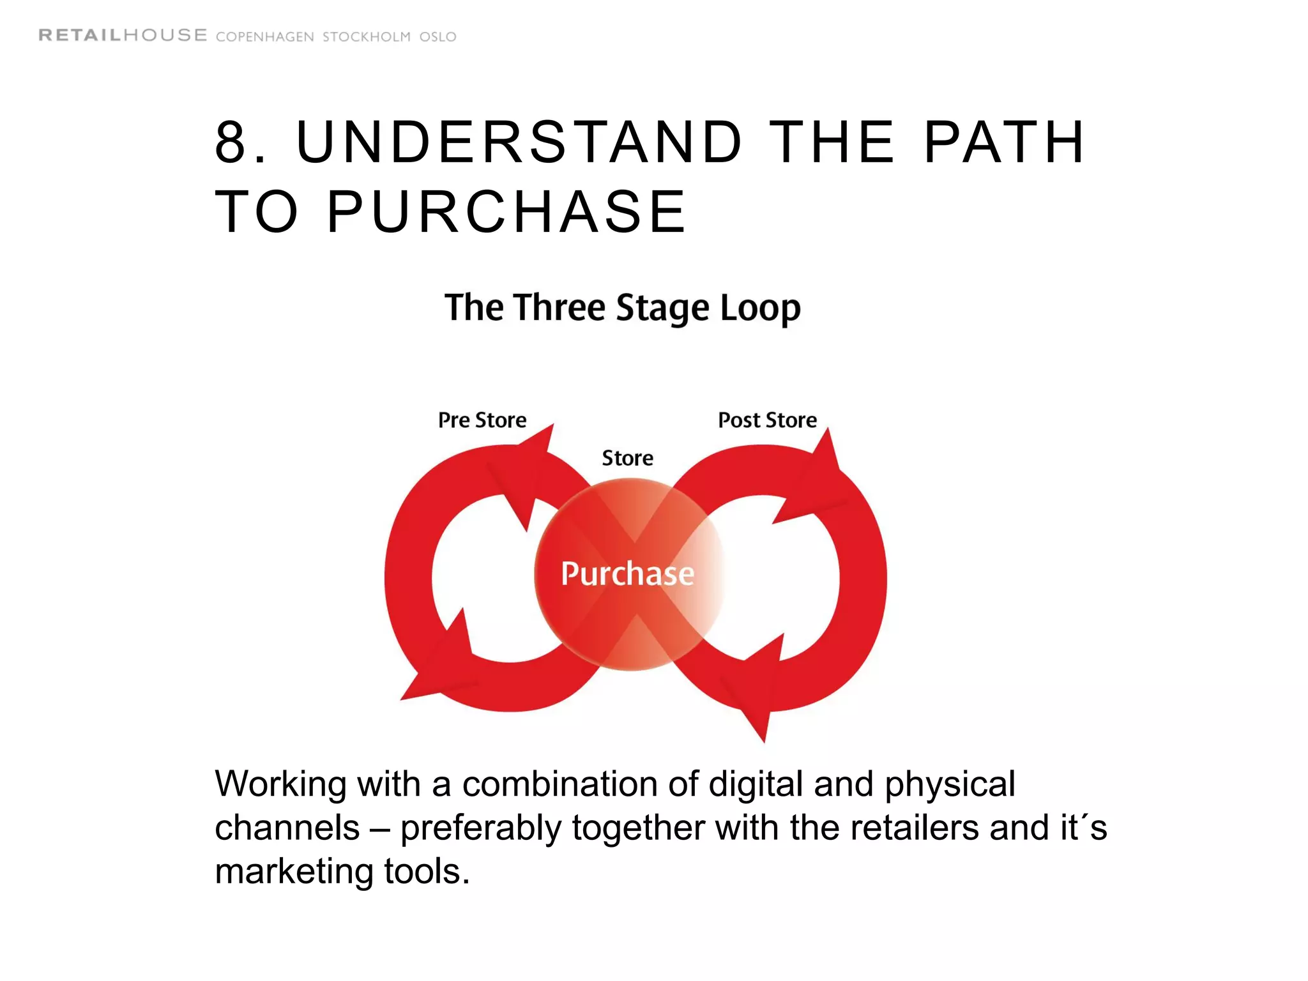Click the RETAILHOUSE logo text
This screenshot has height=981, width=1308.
pos(123,36)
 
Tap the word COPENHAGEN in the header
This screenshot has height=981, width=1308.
pos(264,37)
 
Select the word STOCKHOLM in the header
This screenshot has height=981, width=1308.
pos(366,37)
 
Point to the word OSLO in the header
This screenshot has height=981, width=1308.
pos(437,37)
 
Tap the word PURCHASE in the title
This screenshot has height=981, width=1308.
pos(506,212)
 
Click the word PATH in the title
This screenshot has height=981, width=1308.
pos(1005,142)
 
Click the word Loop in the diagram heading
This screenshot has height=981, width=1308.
pos(760,308)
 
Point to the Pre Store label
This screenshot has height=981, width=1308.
pos(482,420)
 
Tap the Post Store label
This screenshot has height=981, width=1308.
pos(767,420)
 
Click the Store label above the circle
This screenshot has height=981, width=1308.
pos(627,458)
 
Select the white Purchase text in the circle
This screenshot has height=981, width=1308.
pos(627,574)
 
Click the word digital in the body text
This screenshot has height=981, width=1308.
pos(755,784)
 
